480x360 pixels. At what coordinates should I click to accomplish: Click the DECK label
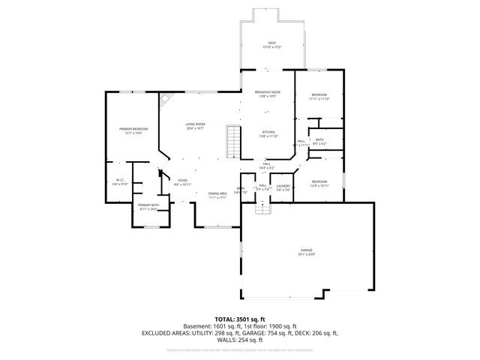pos(272,43)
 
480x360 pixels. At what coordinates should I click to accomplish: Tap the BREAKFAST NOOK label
pos(268,92)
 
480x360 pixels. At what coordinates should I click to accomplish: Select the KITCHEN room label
pos(268,132)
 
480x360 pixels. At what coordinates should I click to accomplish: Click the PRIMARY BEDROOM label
pos(133,129)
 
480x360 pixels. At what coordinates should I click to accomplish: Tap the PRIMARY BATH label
pos(148,205)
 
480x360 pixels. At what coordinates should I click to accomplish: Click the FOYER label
pos(182,180)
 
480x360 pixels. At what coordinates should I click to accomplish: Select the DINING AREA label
pos(218,193)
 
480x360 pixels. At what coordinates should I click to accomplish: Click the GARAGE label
pos(306,250)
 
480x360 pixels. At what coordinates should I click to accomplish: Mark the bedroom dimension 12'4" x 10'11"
pos(319,185)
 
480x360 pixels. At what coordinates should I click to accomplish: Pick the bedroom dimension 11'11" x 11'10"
pos(319,99)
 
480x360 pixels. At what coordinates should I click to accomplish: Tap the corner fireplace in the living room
pos(165,100)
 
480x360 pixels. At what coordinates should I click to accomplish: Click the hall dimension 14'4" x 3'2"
pos(267,168)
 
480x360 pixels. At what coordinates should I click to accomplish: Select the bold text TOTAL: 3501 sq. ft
pos(240,319)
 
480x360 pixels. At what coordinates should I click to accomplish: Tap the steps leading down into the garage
pos(262,209)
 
